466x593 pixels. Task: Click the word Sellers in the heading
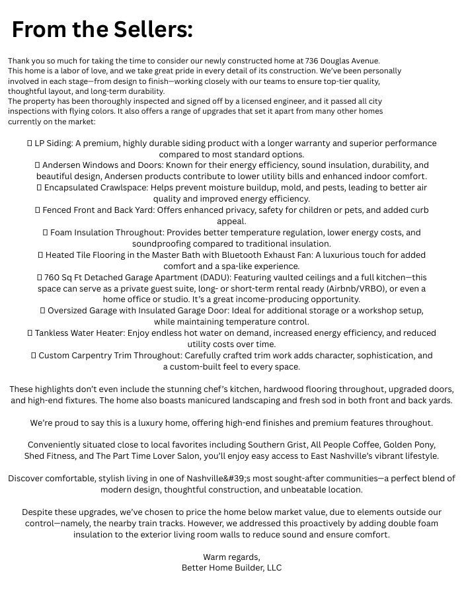151,30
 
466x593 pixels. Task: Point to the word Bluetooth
321,255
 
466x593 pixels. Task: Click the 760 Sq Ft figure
67,278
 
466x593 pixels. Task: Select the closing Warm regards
231,557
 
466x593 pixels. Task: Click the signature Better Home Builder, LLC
231,568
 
